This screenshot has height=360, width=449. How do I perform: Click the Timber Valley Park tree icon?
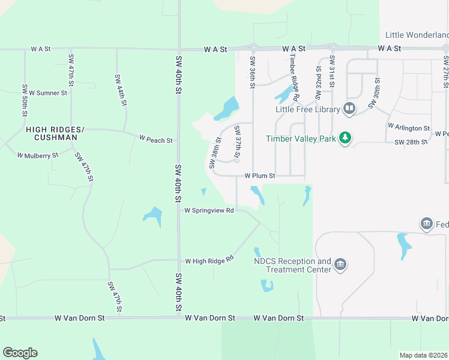345,139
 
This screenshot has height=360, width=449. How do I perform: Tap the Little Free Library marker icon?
349,109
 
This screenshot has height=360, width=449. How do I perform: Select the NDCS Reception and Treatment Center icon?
340,265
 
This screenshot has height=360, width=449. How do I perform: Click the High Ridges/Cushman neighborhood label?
52,133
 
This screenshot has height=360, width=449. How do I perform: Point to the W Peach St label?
156,140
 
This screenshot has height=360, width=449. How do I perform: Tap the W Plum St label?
259,176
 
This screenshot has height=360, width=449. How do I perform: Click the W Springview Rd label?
208,211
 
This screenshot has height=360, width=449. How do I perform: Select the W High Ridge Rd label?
208,261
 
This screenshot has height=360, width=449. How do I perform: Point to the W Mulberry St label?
38,155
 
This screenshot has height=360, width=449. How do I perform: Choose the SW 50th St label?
25,100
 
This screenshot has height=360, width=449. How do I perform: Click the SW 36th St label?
253,73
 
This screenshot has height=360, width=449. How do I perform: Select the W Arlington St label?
409,128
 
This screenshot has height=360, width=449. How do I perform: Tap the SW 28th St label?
411,142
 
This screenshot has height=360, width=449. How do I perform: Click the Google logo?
20,353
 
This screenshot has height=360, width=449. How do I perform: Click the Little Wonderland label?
417,35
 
